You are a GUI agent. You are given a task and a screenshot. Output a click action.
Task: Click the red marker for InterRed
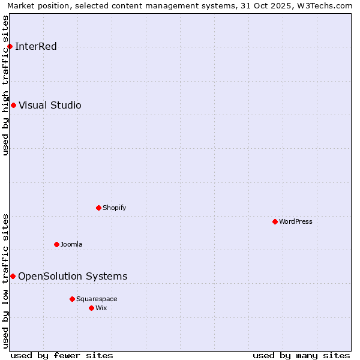pos(10,47)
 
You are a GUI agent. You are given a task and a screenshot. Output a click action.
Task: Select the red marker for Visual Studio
pos(13,106)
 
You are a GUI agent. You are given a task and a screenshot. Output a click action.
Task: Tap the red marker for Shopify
pos(98,208)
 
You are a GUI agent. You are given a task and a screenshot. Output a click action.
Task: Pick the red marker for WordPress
pos(275,222)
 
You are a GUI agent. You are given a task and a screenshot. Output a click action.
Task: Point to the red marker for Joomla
pos(56,244)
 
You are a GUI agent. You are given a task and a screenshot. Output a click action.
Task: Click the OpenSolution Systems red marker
pos(13,276)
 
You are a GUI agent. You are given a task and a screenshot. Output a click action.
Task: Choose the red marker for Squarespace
pos(72,299)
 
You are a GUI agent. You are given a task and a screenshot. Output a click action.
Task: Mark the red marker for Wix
pos(91,308)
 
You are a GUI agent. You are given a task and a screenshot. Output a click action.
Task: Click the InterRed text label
pos(36,47)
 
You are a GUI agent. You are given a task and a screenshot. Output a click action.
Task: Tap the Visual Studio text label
pos(50,106)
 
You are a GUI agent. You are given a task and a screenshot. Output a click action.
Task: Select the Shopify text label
pos(114,208)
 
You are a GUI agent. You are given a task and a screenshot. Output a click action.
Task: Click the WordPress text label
pos(295,222)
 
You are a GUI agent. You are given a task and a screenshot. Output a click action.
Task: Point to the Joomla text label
pos(71,244)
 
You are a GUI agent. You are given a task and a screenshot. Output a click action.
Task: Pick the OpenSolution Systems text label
pos(73,276)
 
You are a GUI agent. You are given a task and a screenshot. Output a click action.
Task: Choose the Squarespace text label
pos(97,299)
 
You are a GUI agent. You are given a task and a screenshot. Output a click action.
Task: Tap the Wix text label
pos(101,308)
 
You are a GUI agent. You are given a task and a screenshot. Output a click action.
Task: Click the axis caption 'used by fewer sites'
pos(62,356)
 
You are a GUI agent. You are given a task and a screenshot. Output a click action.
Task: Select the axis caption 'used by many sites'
pos(301,356)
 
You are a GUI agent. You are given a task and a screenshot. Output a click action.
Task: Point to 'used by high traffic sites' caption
pos(6,85)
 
